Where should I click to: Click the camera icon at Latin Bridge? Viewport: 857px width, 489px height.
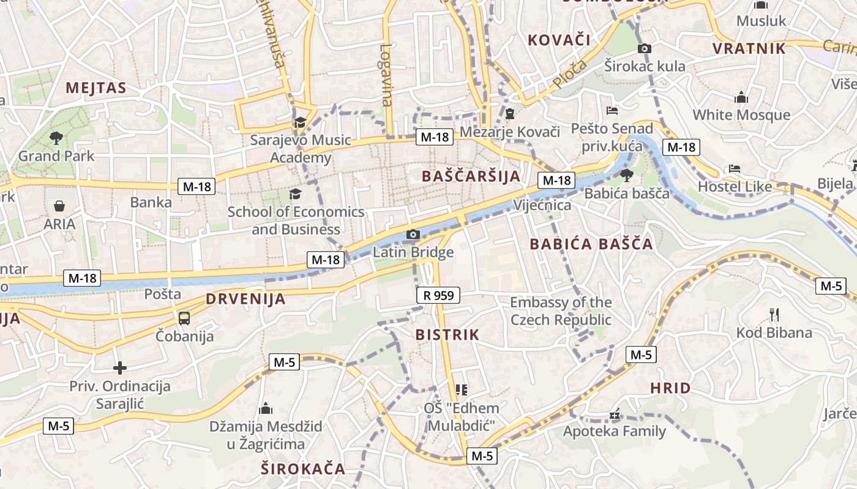(x=413, y=234)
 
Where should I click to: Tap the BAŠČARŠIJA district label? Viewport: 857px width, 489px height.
(x=471, y=176)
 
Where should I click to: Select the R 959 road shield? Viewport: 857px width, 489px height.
(x=438, y=296)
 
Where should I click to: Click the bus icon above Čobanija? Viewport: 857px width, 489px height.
(x=184, y=318)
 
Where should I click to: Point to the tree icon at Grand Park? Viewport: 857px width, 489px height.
(x=56, y=138)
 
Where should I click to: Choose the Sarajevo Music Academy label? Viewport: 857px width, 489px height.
(x=301, y=149)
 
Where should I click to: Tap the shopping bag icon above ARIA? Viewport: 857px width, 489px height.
(x=60, y=206)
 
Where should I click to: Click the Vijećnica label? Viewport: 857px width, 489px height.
(x=542, y=205)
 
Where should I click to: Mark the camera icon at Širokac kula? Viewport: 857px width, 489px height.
(x=644, y=48)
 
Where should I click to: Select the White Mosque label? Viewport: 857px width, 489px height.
(x=741, y=115)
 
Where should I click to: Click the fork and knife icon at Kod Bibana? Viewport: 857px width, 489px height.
(x=774, y=315)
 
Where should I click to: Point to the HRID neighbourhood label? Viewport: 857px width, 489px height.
(x=670, y=388)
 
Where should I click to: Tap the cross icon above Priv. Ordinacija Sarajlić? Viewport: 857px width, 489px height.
(x=120, y=368)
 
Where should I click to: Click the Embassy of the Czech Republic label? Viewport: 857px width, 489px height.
(x=561, y=311)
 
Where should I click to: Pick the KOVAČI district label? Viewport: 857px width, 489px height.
(x=559, y=40)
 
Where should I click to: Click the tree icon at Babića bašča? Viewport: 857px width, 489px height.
(x=626, y=175)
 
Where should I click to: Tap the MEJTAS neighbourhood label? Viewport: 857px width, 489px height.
(x=96, y=88)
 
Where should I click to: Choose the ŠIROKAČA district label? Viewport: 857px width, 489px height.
(x=302, y=469)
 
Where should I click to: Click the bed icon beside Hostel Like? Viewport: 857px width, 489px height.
(x=735, y=169)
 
